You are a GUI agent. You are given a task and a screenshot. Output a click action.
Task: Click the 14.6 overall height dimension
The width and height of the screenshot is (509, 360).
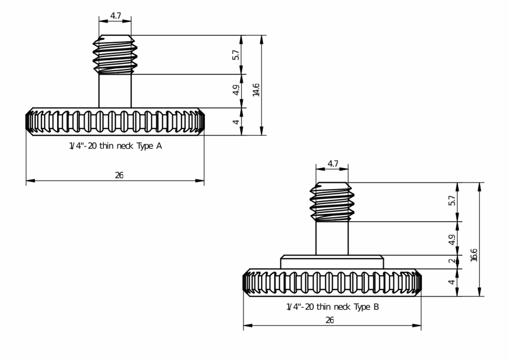(256, 90)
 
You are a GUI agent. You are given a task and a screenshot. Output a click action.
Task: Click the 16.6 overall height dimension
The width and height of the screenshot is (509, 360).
(474, 255)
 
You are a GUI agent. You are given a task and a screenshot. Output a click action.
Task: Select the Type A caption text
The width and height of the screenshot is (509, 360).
(115, 146)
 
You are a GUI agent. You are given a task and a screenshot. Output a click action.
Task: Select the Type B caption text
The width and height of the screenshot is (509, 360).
(333, 307)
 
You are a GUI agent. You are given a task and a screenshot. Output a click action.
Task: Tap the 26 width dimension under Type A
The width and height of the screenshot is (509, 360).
(119, 176)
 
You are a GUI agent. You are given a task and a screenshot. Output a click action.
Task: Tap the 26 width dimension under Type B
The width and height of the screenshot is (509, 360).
(330, 320)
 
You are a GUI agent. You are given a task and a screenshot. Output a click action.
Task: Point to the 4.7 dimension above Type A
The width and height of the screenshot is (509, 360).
(115, 15)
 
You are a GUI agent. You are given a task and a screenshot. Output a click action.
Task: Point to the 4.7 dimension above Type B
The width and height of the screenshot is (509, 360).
(333, 164)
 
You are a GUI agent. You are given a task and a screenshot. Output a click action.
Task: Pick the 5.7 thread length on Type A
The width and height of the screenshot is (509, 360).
(236, 55)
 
